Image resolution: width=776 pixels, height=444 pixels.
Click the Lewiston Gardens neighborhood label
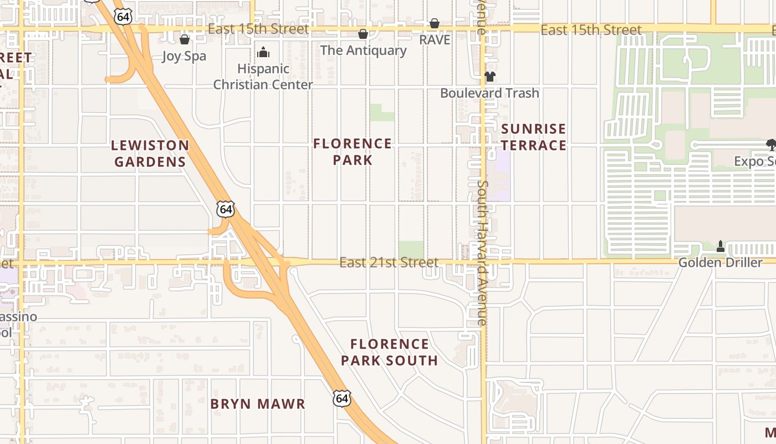pos(150,154)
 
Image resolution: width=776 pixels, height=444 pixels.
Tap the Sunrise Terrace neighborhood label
pos(533,137)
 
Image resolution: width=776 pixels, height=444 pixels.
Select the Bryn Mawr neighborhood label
pos(258,403)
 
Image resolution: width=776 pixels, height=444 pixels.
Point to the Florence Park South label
pos(389,352)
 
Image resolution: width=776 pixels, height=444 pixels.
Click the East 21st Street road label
pos(389,262)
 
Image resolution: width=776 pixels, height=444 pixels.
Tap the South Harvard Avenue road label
pos(482,253)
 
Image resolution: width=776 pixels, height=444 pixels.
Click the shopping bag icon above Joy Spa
pos(185,40)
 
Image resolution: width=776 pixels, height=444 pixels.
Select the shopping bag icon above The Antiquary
pos(363,34)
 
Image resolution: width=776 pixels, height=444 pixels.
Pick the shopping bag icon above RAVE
pos(435,24)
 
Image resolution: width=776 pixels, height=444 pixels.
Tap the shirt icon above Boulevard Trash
pos(489,77)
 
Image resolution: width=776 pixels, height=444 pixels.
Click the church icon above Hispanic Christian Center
pos(263,53)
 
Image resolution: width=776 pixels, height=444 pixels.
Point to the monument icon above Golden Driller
pos(721,246)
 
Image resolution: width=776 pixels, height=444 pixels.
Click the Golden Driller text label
pos(721,263)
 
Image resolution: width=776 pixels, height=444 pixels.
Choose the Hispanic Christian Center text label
pos(263,77)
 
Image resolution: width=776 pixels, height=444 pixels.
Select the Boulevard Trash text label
pos(489,93)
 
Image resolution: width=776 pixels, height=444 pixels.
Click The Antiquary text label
pos(363,51)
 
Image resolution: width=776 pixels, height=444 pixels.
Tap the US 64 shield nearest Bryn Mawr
pos(342,398)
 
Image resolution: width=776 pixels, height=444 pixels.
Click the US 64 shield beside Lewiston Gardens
pos(226,209)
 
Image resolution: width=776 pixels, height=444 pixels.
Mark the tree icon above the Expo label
pos(771,145)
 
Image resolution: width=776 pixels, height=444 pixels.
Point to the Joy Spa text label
pos(184,56)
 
